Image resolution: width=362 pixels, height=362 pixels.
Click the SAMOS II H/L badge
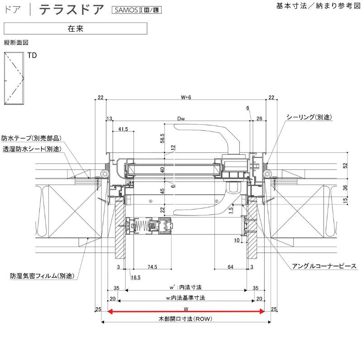[136, 10]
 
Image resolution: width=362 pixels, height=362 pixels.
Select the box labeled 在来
[75, 28]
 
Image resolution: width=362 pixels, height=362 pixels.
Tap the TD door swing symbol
[14, 79]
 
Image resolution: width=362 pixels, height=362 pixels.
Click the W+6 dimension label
[186, 97]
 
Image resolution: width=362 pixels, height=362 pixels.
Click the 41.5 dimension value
[123, 129]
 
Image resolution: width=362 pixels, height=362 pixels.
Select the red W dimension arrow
[186, 311]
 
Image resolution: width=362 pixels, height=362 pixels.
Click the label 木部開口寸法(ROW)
[186, 319]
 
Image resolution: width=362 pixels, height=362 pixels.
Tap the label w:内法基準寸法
[186, 298]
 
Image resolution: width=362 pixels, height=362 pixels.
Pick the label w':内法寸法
[186, 287]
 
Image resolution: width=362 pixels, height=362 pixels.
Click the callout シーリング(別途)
[309, 117]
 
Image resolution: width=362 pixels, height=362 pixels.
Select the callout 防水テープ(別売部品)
[32, 138]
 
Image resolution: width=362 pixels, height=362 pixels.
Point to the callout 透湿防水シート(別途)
[32, 148]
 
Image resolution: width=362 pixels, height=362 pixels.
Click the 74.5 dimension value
[152, 267]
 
